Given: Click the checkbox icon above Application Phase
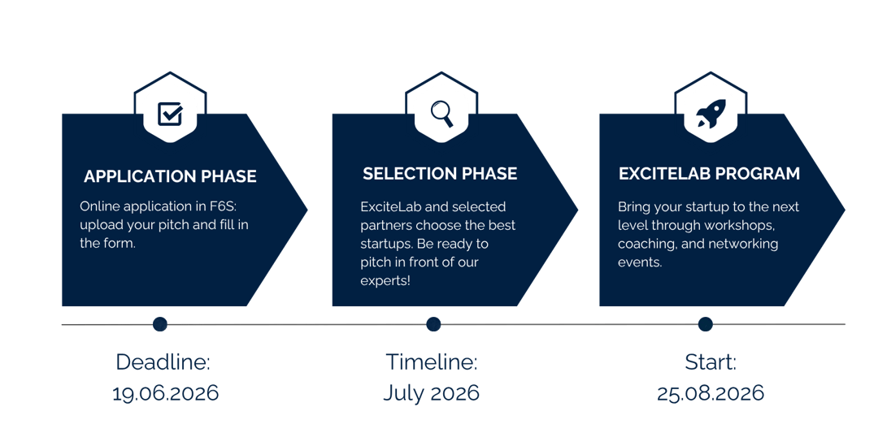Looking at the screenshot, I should (170, 115).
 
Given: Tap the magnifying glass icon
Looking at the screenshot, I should (441, 115).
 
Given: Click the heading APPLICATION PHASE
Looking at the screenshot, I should (170, 176).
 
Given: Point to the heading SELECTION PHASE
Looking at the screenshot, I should (440, 174).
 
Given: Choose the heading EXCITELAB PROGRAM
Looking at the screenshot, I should (709, 174).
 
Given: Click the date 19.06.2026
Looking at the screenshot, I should (166, 393).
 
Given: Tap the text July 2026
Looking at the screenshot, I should (431, 393).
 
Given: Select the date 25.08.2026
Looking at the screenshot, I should (711, 393).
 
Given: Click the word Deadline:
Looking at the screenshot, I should (163, 362).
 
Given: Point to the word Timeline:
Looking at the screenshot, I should (431, 362).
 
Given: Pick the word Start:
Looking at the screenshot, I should (710, 362).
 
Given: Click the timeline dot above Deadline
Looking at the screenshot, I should (160, 324).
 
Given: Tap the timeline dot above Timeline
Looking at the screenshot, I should (433, 324).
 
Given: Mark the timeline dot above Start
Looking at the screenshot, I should (705, 324).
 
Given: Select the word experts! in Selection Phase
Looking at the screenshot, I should (385, 281).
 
